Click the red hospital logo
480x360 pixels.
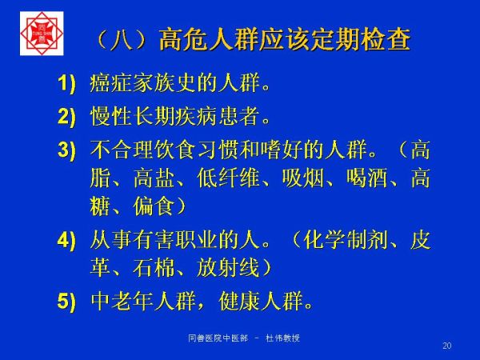click(42, 34)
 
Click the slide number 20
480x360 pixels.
click(447, 346)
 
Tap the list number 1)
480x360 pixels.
click(66, 83)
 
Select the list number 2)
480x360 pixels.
click(66, 117)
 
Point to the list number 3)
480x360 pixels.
click(66, 150)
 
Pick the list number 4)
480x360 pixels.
click(66, 240)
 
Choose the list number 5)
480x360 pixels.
click(66, 301)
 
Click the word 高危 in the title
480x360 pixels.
click(184, 39)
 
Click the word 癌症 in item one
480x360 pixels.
click(110, 82)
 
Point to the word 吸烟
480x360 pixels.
click(302, 178)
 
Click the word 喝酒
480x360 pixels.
click(367, 178)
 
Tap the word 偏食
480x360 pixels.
click(154, 206)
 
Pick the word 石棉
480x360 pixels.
click(154, 267)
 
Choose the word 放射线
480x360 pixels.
click(228, 267)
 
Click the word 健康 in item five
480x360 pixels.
click(240, 301)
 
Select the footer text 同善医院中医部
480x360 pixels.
click(218, 338)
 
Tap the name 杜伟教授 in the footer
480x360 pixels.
click(282, 338)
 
